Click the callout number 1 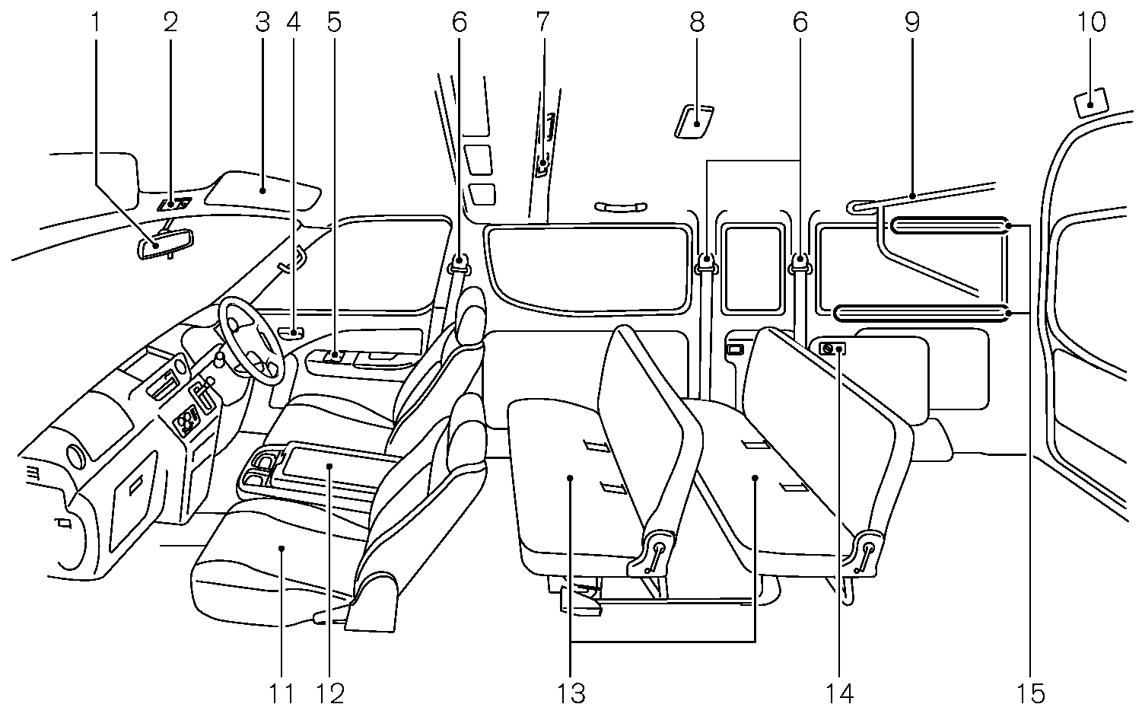(x=96, y=22)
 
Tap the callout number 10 (x=1092, y=22)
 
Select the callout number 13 (x=571, y=693)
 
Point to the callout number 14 (x=841, y=693)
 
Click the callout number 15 (x=1031, y=693)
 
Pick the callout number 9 (x=912, y=22)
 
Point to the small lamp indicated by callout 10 (x=1091, y=102)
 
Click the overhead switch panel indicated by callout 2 (x=174, y=203)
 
